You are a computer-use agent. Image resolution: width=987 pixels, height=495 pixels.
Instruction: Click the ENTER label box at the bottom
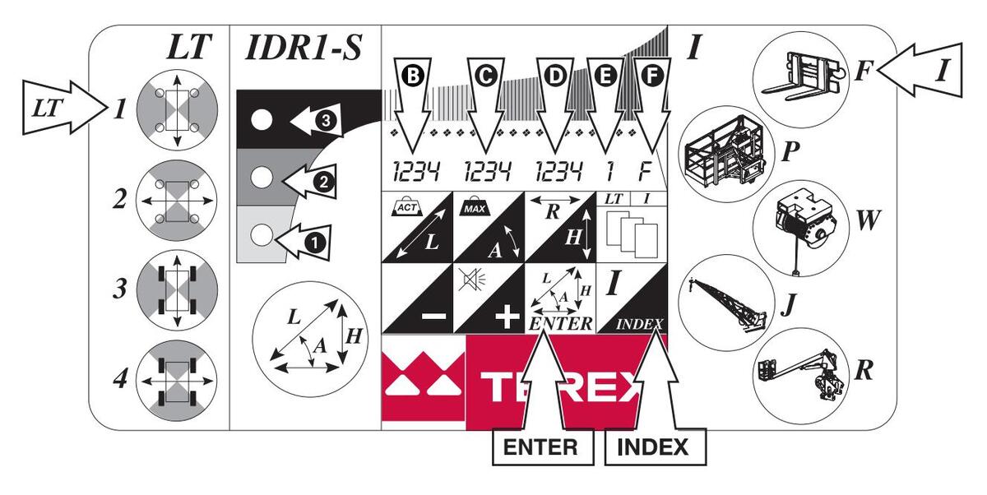(542, 448)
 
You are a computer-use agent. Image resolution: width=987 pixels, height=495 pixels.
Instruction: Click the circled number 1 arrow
(312, 242)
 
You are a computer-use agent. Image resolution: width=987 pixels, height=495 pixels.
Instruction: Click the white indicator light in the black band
(261, 120)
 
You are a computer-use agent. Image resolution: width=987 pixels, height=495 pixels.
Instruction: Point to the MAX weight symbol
(475, 204)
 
